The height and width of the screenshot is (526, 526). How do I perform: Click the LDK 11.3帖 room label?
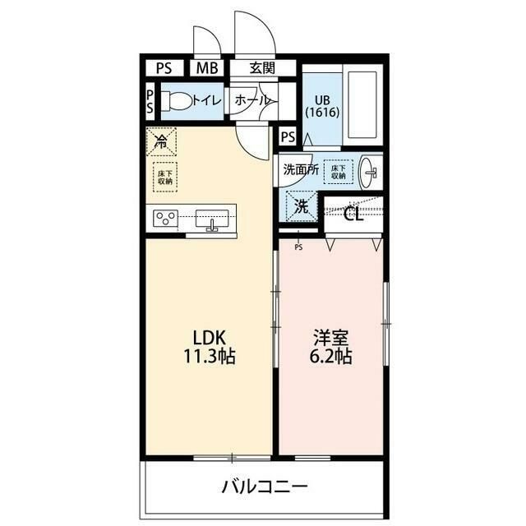click(215, 347)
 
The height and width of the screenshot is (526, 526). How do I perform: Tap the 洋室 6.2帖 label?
click(331, 347)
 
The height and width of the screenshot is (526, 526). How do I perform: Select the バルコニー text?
click(265, 487)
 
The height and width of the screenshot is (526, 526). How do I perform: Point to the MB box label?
click(207, 68)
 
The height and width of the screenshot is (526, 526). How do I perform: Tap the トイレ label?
click(205, 100)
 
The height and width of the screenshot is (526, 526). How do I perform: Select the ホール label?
click(251, 100)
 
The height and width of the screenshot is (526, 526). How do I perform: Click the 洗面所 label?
click(300, 170)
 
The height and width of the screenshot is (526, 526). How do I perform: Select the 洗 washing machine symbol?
click(301, 205)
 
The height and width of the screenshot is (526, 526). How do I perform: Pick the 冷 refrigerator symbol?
click(162, 142)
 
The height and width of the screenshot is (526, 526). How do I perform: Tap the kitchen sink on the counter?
click(214, 219)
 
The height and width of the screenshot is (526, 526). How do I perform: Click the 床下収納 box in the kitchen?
click(165, 178)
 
